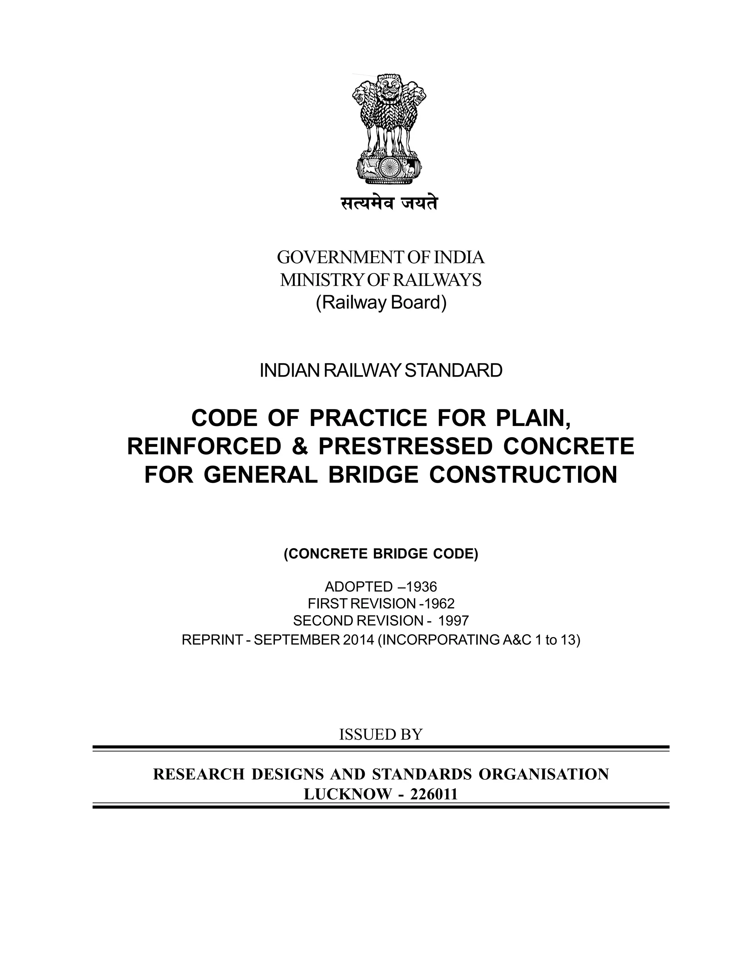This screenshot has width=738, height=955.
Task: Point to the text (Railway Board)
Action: [x=381, y=303]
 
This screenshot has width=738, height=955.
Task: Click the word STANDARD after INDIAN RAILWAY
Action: [x=453, y=371]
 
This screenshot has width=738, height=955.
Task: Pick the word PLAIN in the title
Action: [x=533, y=418]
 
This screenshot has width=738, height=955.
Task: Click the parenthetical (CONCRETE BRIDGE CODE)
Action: [x=381, y=554]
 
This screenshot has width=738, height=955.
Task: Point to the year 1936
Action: [x=422, y=586]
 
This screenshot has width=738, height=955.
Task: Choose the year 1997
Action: [x=453, y=621]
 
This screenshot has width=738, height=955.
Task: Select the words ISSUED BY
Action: [x=381, y=735]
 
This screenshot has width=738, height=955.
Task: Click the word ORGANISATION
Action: [x=543, y=774]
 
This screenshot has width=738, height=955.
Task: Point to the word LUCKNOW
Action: [x=348, y=794]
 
